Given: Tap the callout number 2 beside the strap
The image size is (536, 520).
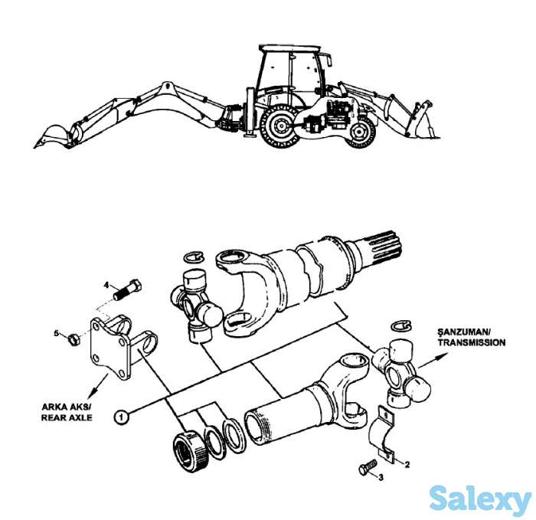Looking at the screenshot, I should point(407,463).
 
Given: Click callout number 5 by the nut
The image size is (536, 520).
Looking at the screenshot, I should point(55,332).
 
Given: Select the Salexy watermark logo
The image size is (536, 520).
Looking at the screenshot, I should point(479,499).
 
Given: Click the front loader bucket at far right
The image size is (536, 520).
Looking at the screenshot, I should point(422,123).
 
